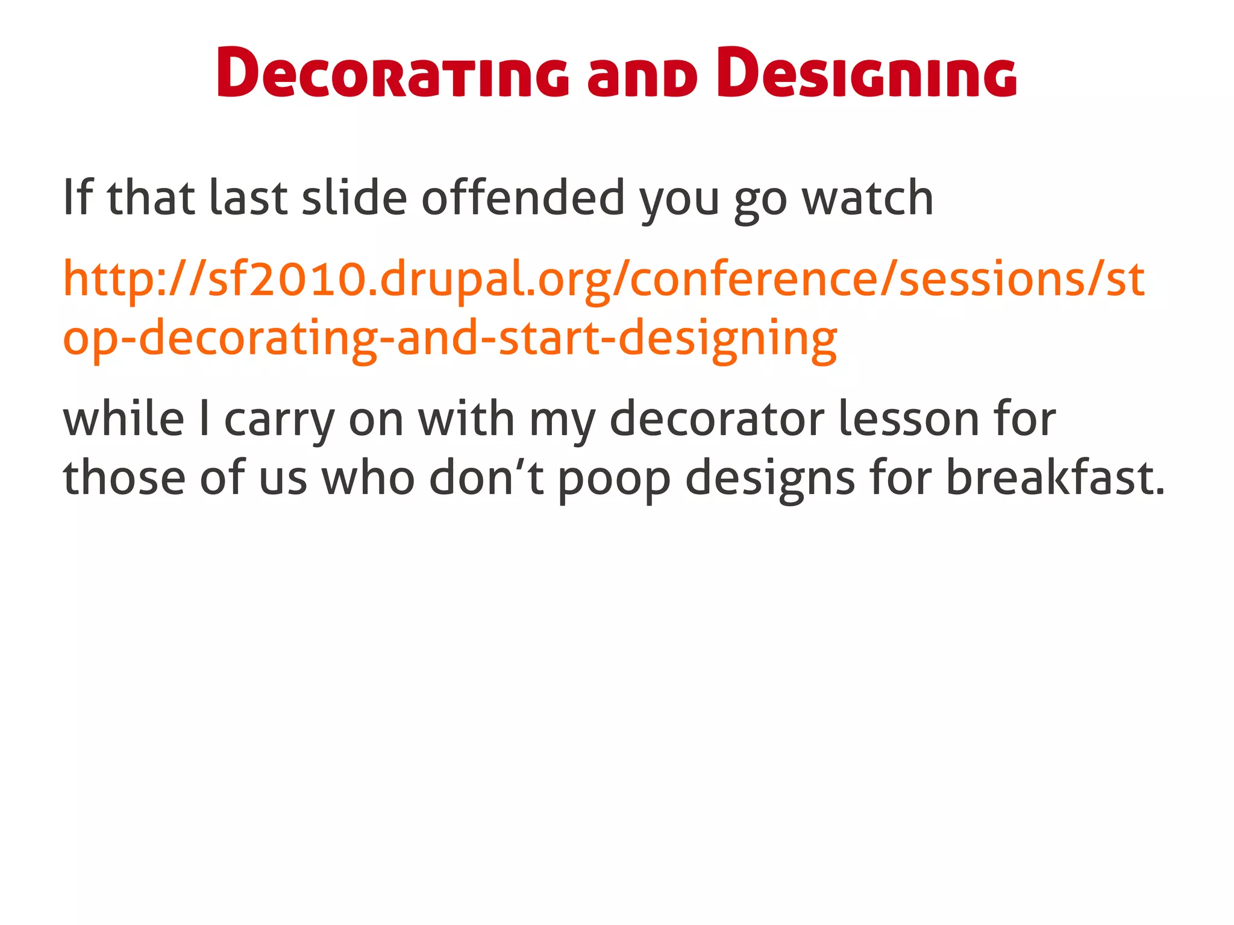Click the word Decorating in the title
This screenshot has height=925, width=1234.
(392, 74)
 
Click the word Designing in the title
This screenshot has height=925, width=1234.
(866, 74)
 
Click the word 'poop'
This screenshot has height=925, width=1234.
(613, 480)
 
